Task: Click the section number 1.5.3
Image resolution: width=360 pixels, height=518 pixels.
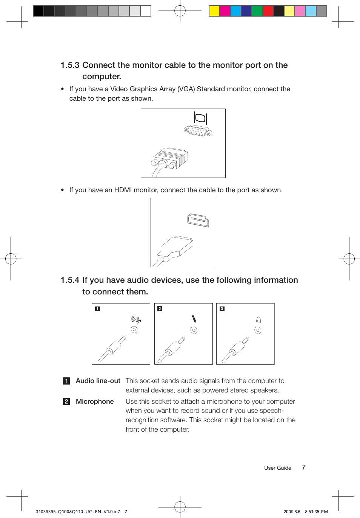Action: click(x=70, y=65)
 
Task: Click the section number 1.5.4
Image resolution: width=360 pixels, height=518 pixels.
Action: click(x=70, y=280)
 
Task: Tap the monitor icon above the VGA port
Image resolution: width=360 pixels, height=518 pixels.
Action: click(x=200, y=118)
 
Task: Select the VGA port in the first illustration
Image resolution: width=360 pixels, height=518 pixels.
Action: click(x=198, y=131)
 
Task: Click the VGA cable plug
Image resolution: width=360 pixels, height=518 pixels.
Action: click(x=170, y=159)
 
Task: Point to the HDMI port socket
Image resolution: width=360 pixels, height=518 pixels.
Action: click(x=198, y=220)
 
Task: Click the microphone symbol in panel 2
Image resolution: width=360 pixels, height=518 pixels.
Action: click(x=194, y=319)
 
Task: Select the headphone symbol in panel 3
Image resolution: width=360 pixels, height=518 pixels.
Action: click(x=258, y=320)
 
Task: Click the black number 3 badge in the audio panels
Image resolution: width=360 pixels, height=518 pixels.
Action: click(x=222, y=309)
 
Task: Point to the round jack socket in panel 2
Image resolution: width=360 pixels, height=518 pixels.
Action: click(x=194, y=330)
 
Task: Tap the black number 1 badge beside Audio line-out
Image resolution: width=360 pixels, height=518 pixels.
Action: click(x=66, y=381)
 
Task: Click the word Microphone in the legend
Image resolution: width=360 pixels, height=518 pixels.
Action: click(x=95, y=402)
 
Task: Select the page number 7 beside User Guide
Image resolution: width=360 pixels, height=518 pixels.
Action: click(x=303, y=467)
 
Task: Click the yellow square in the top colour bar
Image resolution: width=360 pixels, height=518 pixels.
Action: click(x=214, y=11)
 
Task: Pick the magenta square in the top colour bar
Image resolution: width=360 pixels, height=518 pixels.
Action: click(x=225, y=11)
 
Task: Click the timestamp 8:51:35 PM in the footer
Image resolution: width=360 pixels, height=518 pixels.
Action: click(x=316, y=512)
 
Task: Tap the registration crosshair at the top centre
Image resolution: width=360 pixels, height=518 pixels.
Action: click(x=180, y=11)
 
